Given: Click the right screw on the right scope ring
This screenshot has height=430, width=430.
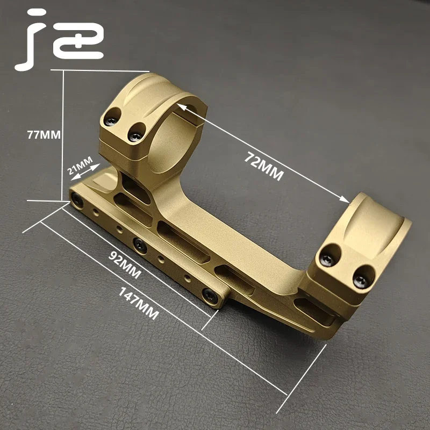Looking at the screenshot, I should [x=360, y=279].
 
